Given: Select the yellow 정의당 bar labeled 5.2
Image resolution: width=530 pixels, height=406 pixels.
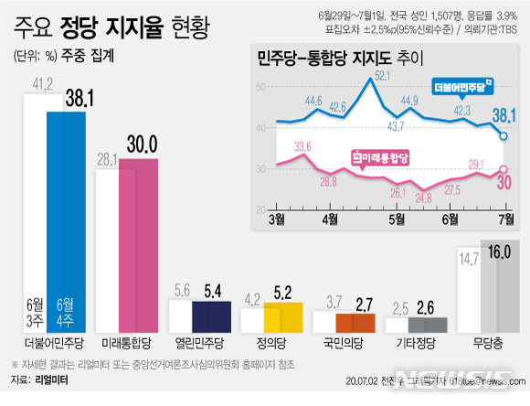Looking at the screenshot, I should [x=282, y=318].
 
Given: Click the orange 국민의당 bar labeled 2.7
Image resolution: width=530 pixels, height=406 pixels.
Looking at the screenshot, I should [x=355, y=324].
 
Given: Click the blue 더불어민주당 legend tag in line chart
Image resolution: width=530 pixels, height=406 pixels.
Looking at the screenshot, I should [x=461, y=89].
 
